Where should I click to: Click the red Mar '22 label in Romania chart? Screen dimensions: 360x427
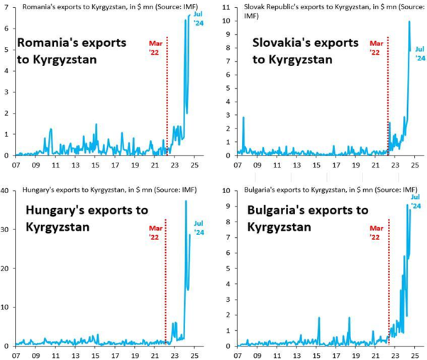pyautogui.click(x=155, y=48)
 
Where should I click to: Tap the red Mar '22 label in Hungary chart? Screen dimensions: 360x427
pyautogui.click(x=155, y=234)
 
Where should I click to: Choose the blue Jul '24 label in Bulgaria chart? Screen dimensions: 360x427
pyautogui.click(x=416, y=201)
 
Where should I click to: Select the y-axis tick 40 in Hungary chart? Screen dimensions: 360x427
pyautogui.click(x=6, y=191)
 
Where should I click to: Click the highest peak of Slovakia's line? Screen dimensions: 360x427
pyautogui.click(x=409, y=22)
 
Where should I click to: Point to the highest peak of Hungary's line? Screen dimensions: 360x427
pyautogui.click(x=185, y=202)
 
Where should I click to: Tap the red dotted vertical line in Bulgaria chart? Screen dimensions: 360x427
pyautogui.click(x=389, y=284)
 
